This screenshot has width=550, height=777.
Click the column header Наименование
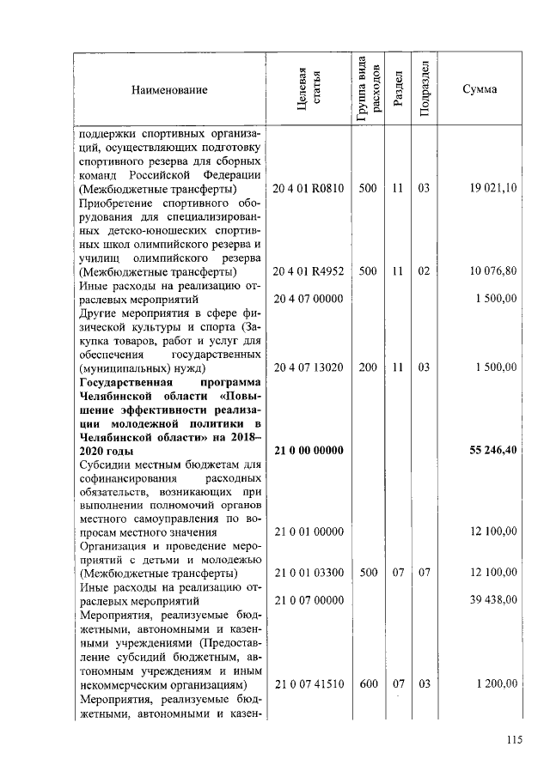[169, 90]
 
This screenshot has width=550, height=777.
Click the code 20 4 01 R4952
[309, 270]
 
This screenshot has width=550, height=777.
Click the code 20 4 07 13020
[309, 367]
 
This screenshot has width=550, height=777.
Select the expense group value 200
[368, 367]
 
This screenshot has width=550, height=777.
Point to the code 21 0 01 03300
[309, 573]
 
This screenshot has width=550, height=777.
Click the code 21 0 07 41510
[309, 683]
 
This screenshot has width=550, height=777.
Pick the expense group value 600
[368, 683]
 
